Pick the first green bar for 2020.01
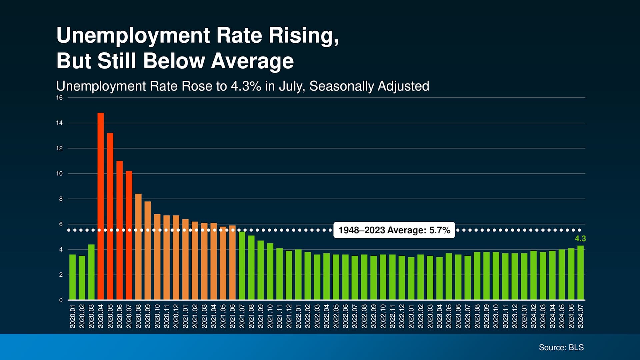[x=72, y=277]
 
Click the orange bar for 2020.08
[x=138, y=247]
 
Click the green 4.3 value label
[x=580, y=239]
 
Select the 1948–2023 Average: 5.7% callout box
[x=394, y=230]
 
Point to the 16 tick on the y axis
[x=59, y=98]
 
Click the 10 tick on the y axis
[x=59, y=174]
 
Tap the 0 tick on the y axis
[x=61, y=300]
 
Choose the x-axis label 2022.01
[x=298, y=316]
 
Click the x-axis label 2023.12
[x=515, y=316]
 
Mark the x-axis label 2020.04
[x=101, y=316]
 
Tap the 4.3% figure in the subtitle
[x=246, y=86]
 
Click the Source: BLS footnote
[x=561, y=347]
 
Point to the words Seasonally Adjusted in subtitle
[x=369, y=86]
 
